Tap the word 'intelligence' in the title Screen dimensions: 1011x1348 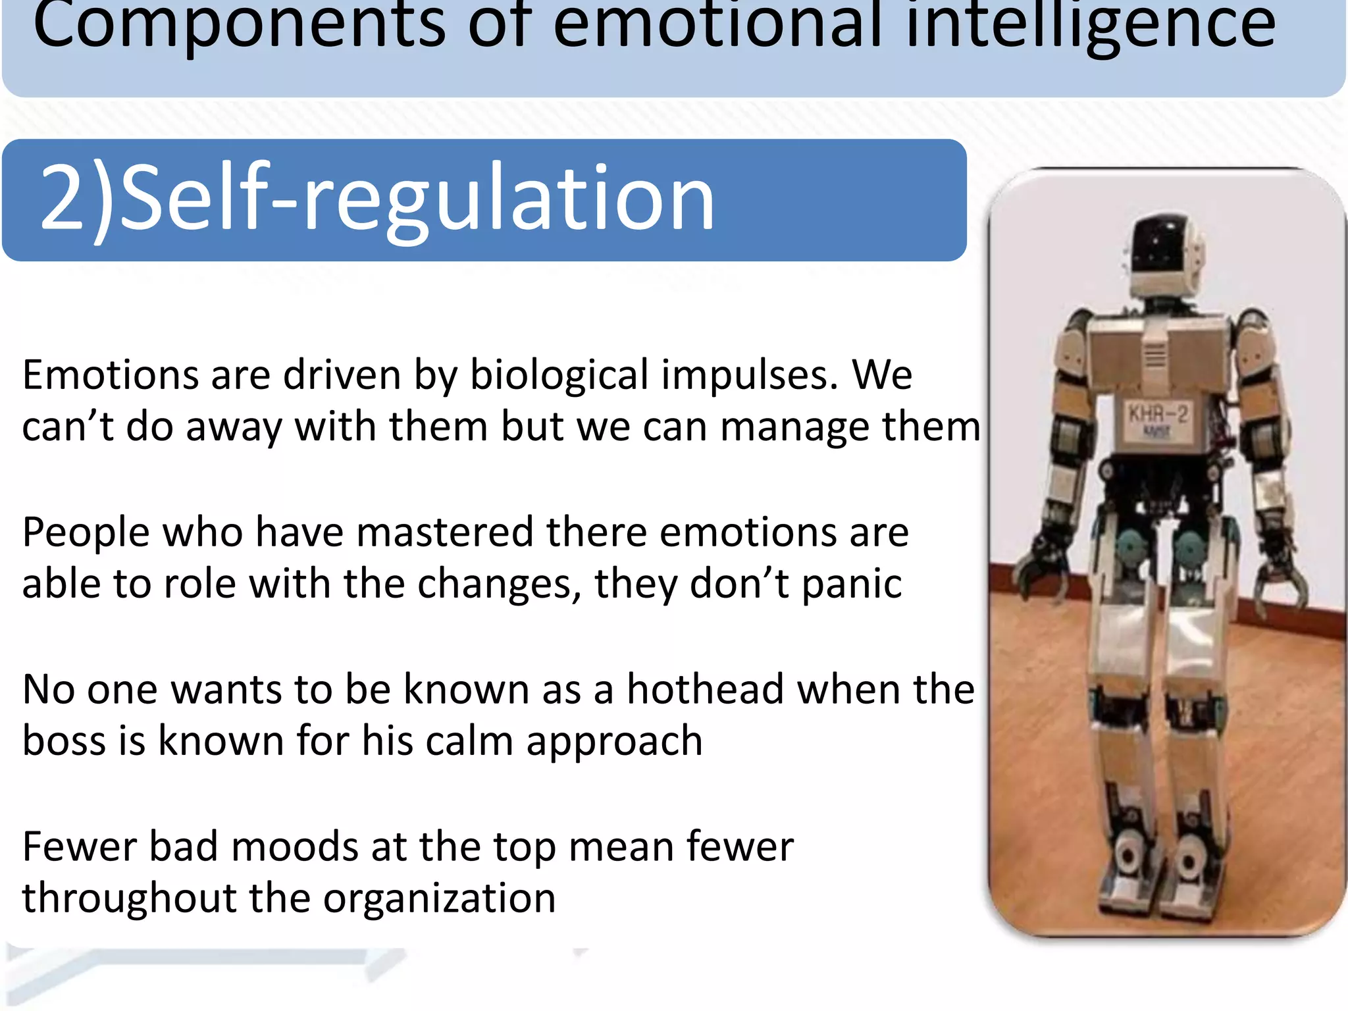tap(1091, 26)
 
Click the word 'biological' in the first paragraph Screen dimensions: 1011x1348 tap(559, 376)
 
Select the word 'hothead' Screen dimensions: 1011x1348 tap(705, 689)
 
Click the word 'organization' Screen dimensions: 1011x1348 tap(439, 898)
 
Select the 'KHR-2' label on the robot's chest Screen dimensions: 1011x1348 tap(1158, 415)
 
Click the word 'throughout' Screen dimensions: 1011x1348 tap(129, 898)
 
